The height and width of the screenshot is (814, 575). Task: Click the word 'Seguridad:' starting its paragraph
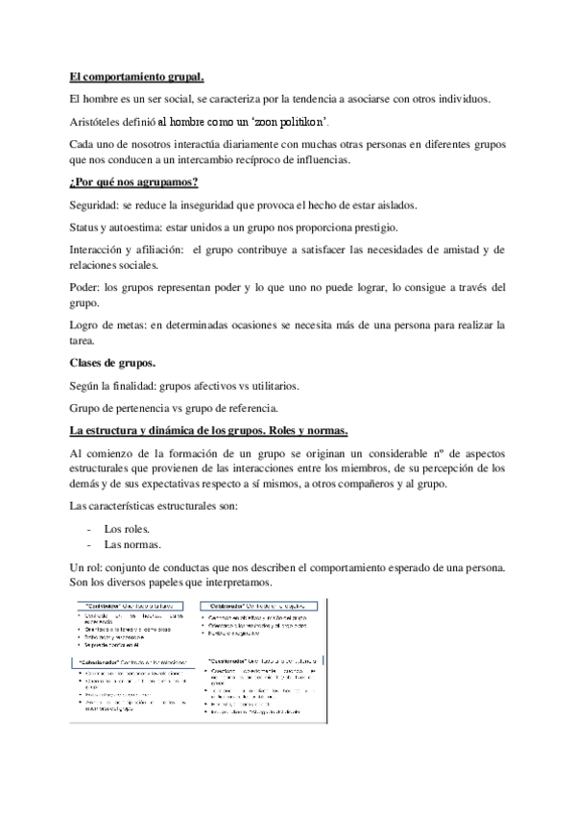coord(96,205)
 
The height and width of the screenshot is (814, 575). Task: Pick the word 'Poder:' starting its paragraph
coord(85,287)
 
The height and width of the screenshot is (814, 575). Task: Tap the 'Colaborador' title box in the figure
coord(231,606)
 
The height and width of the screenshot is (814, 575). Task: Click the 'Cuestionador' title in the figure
coord(236,661)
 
